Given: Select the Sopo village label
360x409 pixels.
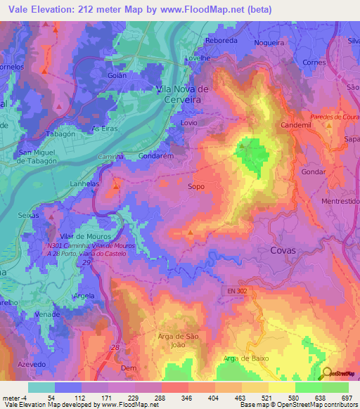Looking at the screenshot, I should pyautogui.click(x=197, y=188).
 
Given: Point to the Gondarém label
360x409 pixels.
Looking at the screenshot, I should pyautogui.click(x=155, y=156).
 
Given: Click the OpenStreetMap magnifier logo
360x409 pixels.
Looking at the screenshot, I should pyautogui.click(x=328, y=373).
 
